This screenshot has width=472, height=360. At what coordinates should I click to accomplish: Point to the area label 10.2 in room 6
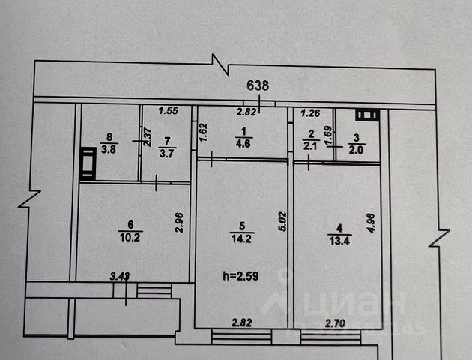[132, 232]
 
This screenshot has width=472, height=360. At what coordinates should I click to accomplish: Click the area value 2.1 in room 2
[309, 146]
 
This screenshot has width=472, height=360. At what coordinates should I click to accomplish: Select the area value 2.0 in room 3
[356, 148]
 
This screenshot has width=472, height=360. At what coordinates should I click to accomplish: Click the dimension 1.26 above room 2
[310, 114]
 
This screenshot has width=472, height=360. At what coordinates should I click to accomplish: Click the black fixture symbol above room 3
[367, 115]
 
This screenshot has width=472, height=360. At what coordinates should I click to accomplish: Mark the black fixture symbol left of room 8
[88, 164]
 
